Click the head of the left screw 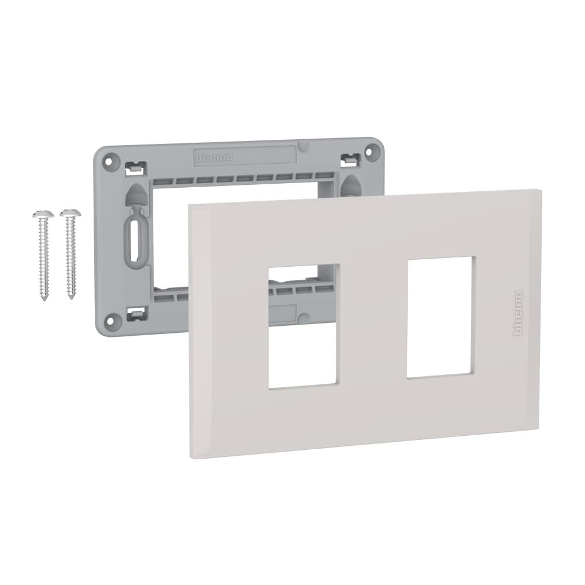coord(43,214)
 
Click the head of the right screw coord(70,211)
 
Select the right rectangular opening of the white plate coord(439,316)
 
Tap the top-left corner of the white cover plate coord(190,205)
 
